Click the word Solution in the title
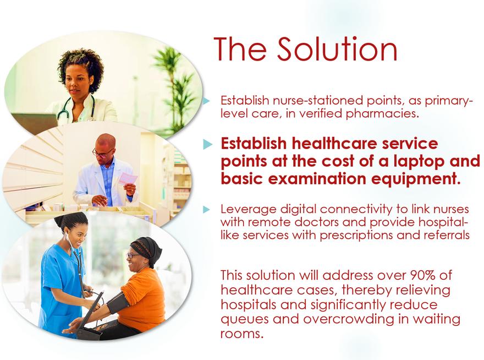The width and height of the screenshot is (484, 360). pyautogui.click(x=337, y=50)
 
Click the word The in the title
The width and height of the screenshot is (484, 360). pyautogui.click(x=240, y=50)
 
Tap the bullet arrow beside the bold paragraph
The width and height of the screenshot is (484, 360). pyautogui.click(x=208, y=144)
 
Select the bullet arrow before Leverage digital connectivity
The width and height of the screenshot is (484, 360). pyautogui.click(x=206, y=210)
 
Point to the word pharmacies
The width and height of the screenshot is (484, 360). pyautogui.click(x=382, y=114)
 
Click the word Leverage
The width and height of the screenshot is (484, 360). pyautogui.click(x=249, y=210)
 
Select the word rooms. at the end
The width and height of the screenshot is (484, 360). pyautogui.click(x=242, y=334)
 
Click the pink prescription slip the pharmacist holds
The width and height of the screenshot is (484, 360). pyautogui.click(x=128, y=179)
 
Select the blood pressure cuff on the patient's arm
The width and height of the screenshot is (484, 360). pyautogui.click(x=117, y=303)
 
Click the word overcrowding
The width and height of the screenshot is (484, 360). pyautogui.click(x=349, y=319)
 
